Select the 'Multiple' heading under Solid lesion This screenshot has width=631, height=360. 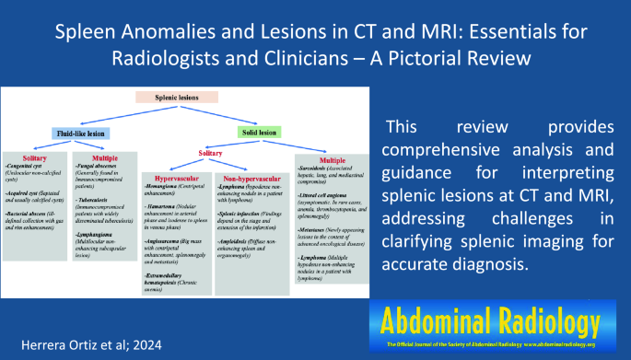pyautogui.click(x=333, y=160)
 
